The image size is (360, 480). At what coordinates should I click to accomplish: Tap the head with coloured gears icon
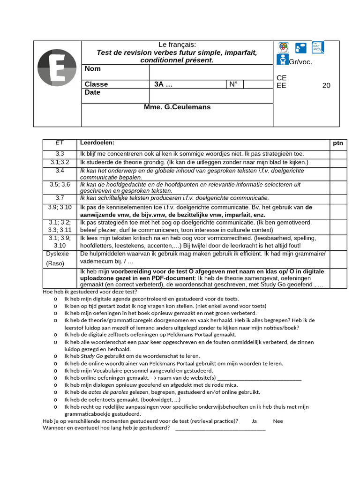[283, 47]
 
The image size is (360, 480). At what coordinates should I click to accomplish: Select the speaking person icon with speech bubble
[300, 47]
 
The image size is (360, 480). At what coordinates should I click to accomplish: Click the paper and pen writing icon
[318, 47]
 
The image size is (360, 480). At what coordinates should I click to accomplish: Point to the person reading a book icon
[282, 60]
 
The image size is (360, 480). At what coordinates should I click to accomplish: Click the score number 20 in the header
[326, 85]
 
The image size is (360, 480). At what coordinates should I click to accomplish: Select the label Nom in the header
[93, 69]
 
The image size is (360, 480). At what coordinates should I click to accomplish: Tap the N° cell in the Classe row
[233, 84]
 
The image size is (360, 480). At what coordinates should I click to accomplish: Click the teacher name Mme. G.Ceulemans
[177, 107]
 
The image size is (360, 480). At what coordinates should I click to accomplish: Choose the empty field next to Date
[210, 96]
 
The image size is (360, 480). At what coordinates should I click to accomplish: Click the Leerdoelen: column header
[97, 142]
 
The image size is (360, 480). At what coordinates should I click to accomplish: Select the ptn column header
[338, 143]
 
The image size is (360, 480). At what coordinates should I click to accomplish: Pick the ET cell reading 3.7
[60, 198]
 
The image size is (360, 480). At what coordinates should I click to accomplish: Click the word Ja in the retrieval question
[254, 421]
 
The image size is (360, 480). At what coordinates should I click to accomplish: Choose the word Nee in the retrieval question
[278, 421]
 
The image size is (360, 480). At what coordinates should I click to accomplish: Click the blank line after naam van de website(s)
[260, 378]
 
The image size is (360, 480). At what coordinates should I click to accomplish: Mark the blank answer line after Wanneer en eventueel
[220, 428]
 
